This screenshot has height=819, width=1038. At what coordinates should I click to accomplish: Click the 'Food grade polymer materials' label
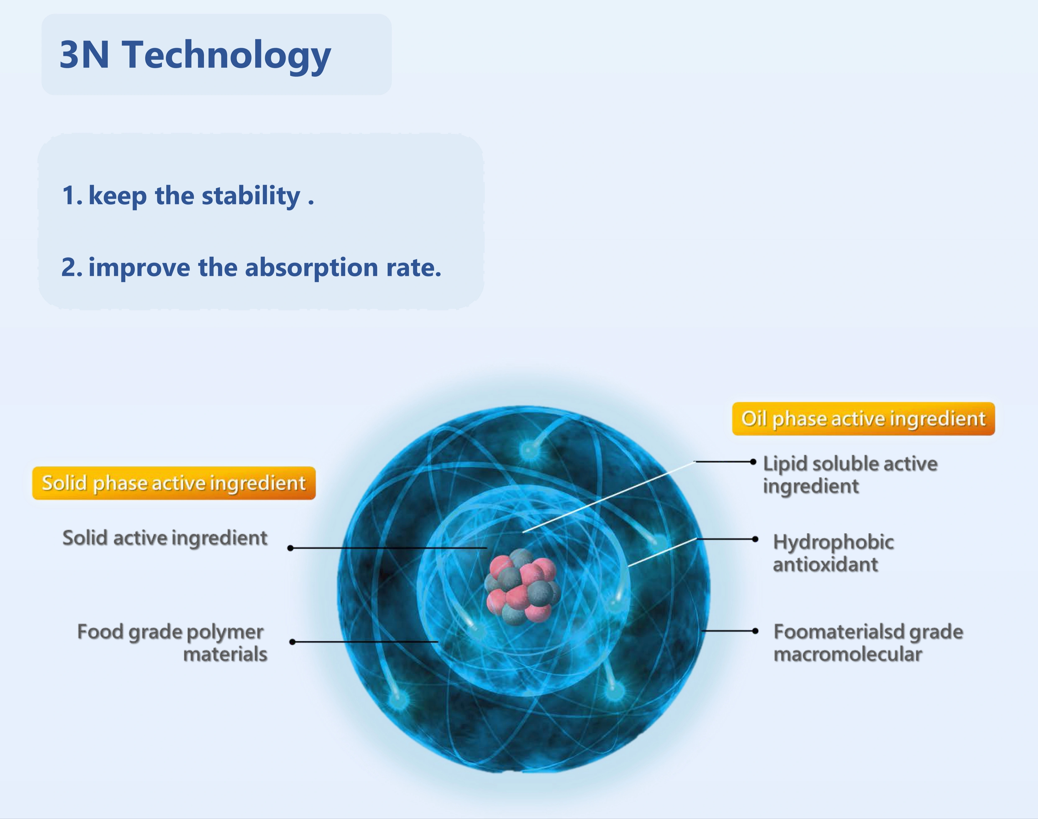click(172, 643)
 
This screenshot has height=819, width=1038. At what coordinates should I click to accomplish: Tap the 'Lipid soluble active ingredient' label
click(850, 475)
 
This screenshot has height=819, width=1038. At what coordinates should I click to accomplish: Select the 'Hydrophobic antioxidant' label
click(833, 553)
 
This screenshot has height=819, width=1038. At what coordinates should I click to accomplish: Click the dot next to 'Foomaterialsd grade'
click(755, 631)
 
